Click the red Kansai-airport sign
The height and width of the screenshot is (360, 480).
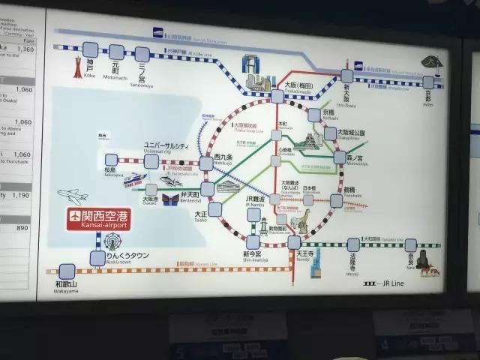tap(99, 218)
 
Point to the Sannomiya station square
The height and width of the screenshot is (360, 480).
tap(142, 54)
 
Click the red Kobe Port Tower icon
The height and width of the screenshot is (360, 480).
tap(73, 68)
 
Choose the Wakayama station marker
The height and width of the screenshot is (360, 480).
tap(67, 271)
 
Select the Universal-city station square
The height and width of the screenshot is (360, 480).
tap(151, 161)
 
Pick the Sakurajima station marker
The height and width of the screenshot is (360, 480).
tap(112, 160)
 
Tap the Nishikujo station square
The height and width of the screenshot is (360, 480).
tap(206, 163)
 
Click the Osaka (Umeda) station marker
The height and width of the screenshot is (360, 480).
tap(277, 97)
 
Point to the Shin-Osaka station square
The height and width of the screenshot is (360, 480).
tap(346, 76)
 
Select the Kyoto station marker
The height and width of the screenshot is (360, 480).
tap(428, 82)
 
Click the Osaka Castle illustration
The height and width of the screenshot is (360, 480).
tap(310, 142)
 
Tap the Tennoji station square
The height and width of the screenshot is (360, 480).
tap(294, 242)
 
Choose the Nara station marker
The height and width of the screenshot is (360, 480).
tap(410, 245)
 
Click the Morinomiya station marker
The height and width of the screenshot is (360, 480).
tap(340, 157)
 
